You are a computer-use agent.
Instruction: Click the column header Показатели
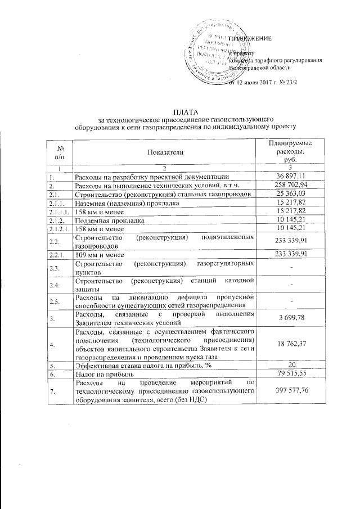[166, 152]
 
